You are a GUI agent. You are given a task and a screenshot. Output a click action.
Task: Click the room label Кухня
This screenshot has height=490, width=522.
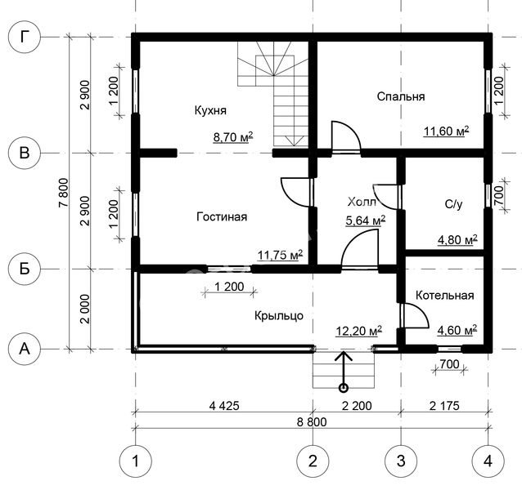210,110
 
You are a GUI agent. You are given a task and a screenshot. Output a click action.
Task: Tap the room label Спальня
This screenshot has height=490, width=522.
401,96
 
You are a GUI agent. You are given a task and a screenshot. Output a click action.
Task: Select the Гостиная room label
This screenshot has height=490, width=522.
222,216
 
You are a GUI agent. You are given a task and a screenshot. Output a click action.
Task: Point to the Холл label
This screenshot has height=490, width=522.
362,202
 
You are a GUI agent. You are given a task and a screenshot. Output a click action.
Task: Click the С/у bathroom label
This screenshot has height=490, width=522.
454,204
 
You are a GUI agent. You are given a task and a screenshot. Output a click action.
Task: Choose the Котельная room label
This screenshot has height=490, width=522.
445,296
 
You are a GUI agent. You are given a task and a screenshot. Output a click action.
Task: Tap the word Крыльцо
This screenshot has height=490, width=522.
279,315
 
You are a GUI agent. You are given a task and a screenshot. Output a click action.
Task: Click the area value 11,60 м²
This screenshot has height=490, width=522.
447,131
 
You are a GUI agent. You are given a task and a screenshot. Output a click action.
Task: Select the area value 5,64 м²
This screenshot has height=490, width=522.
366,220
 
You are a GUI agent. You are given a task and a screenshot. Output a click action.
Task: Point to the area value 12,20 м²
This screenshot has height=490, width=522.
359,332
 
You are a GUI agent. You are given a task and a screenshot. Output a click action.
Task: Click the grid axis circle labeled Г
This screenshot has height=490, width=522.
24,37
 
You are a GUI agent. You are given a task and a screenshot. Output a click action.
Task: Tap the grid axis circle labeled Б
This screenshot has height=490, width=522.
24,269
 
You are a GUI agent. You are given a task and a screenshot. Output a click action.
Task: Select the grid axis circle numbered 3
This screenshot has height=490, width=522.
401,461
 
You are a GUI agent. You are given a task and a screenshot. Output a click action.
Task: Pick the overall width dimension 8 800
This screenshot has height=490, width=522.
312,422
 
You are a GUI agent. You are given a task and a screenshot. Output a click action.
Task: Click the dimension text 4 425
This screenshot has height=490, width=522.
224,406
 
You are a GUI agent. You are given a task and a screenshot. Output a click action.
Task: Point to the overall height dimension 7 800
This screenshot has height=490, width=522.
63,193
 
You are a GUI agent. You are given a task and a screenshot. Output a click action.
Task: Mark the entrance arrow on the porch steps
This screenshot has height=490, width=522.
344,372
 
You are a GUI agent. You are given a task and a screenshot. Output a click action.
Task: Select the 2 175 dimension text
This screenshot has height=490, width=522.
444,406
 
